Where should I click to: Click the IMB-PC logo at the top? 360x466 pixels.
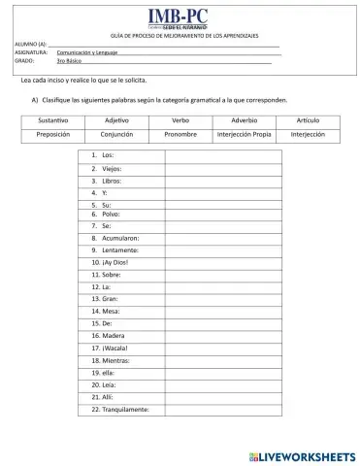[179, 16]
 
